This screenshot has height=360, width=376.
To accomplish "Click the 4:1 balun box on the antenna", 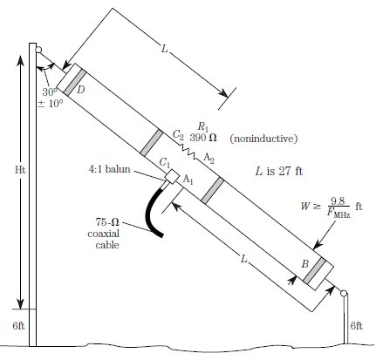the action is click(x=171, y=176).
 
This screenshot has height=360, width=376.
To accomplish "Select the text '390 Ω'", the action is click(x=203, y=137).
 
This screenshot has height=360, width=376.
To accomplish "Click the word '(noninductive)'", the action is click(x=263, y=139).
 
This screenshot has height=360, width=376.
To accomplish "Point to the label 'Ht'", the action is click(x=20, y=170).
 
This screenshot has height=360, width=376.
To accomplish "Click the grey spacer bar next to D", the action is click(x=75, y=83).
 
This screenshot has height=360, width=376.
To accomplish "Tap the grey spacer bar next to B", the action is click(x=314, y=270).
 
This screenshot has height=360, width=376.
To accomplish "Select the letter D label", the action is click(x=81, y=90).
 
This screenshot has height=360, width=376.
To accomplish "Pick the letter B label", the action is click(x=304, y=264).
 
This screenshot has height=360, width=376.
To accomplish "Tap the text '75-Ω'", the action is click(x=107, y=222).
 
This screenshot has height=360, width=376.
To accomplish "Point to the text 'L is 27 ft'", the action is click(x=279, y=171).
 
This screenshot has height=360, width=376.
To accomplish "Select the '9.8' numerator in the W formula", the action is click(x=338, y=201).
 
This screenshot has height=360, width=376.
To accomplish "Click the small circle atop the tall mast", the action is click(x=38, y=50).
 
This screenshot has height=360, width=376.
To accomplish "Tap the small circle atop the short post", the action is click(x=344, y=293).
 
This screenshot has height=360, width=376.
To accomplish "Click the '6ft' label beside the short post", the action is click(x=357, y=326).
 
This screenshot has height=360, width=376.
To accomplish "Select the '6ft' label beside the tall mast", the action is click(x=18, y=326).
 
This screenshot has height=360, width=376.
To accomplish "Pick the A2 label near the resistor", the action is click(x=209, y=159).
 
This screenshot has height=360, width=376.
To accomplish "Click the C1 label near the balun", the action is click(x=165, y=163).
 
